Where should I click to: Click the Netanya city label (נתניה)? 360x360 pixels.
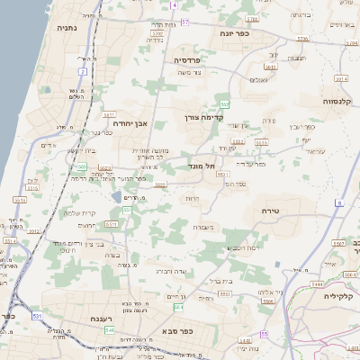[x=67, y=28]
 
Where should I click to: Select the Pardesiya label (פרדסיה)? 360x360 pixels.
[x=193, y=59]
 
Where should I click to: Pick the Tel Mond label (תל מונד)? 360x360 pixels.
[x=204, y=166]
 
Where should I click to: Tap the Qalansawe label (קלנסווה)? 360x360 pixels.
[x=343, y=102]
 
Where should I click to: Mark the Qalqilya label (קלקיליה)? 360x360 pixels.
[x=340, y=295]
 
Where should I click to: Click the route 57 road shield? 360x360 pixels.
[x=185, y=20]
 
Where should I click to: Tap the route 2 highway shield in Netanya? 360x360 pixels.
[x=82, y=70]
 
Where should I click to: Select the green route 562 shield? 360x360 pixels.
[x=225, y=105]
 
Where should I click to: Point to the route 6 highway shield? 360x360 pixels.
[x=340, y=203]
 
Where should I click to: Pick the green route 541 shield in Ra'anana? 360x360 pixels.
[x=110, y=329]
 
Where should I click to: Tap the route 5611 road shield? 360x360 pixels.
[x=109, y=115]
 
